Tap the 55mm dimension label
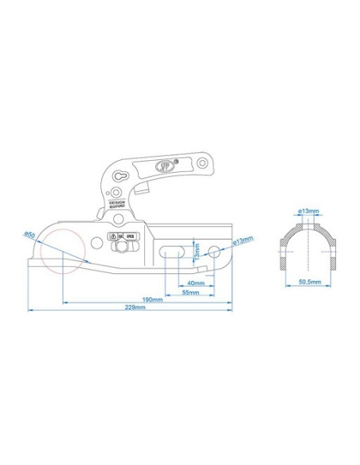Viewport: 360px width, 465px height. pyautogui.click(x=190, y=292)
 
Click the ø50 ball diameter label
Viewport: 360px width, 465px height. pyautogui.click(x=29, y=233)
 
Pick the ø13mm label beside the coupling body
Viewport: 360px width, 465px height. pyautogui.click(x=243, y=240)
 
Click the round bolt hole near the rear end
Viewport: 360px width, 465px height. pyautogui.click(x=214, y=253)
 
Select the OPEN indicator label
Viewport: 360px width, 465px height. pyautogui.click(x=131, y=236)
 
